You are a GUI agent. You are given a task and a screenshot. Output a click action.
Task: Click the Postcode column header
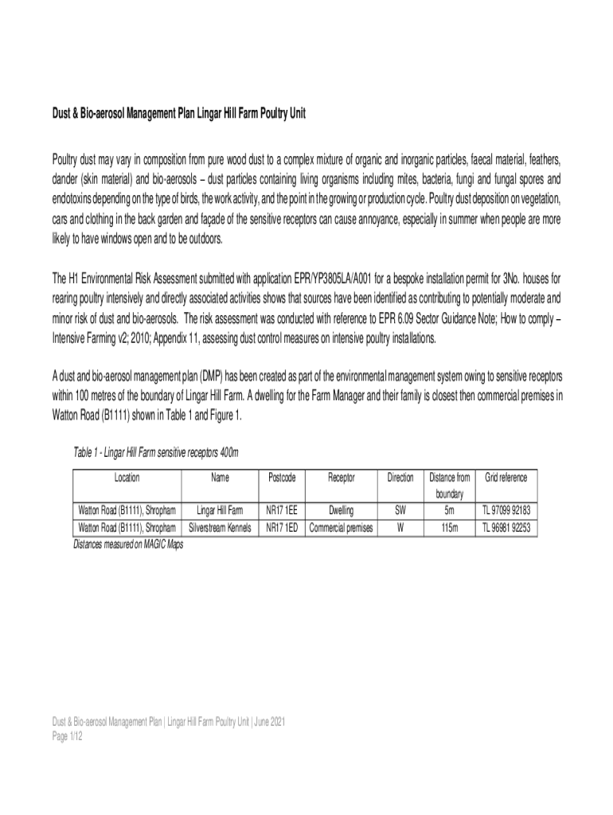(282, 478)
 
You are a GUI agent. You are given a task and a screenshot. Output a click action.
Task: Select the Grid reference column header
(506, 478)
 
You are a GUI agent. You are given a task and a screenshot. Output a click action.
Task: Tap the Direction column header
(400, 478)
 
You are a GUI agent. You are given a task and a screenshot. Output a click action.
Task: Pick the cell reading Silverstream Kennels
(220, 528)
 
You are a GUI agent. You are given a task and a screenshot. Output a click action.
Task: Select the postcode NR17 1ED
(282, 528)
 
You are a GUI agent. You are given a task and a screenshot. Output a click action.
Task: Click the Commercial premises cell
(342, 528)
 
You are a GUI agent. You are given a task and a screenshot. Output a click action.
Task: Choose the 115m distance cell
(450, 528)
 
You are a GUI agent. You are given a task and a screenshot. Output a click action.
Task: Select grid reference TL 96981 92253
(506, 528)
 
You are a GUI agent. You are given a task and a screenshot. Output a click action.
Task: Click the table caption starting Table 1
(156, 454)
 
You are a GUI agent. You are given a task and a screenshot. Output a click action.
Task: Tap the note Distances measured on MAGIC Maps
(123, 544)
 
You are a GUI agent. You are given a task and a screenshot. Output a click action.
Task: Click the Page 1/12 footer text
(63, 737)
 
